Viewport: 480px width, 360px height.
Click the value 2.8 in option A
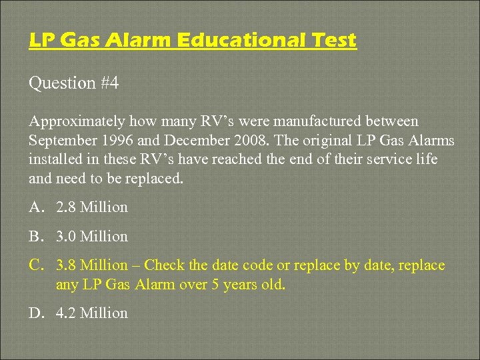click(66, 207)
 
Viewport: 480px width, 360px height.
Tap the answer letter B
click(36, 237)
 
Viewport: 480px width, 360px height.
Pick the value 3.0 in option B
click(66, 237)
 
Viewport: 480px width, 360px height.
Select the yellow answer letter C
click(36, 265)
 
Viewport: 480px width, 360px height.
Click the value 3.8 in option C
click(66, 265)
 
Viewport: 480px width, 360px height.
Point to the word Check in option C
click(165, 265)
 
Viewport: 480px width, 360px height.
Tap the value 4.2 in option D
click(66, 313)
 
